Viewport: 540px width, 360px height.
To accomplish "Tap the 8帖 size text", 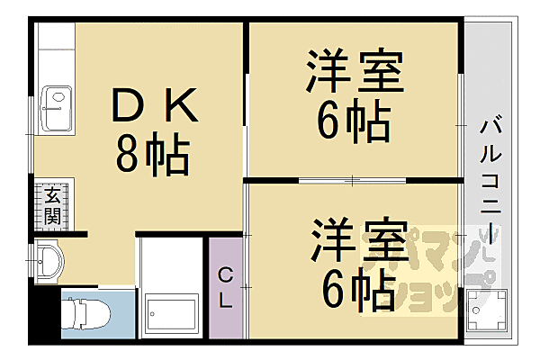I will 152,154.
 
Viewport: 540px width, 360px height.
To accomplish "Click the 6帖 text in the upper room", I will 354,121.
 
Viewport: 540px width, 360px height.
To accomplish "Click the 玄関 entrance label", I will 50,206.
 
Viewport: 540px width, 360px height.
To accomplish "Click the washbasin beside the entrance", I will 49,263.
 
